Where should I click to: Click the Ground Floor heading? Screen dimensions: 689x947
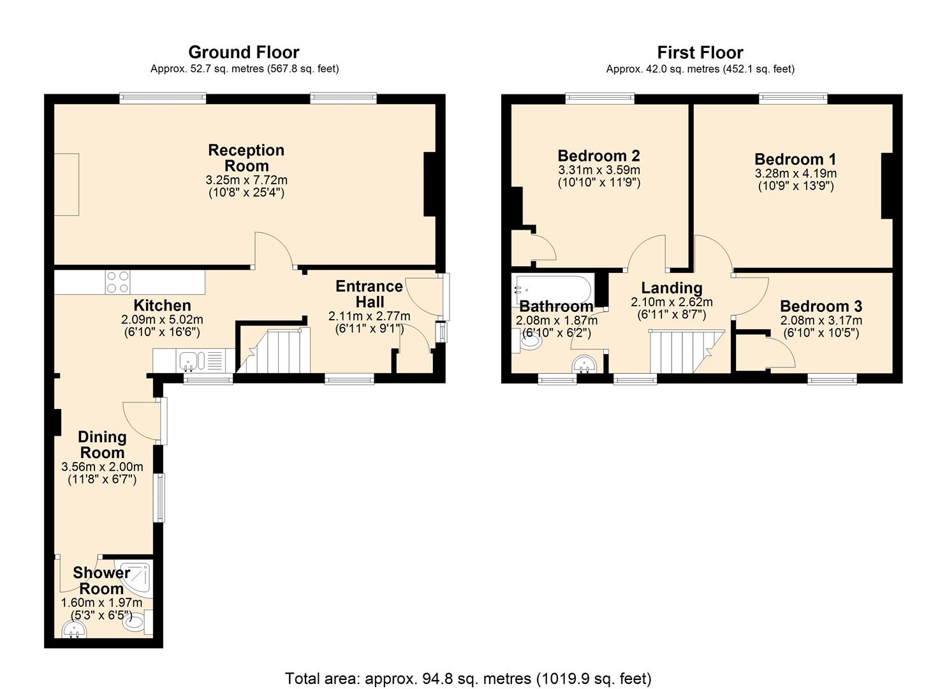click(x=244, y=52)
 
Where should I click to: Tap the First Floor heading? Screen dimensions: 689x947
click(x=700, y=52)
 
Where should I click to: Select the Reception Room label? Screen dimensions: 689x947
click(x=246, y=158)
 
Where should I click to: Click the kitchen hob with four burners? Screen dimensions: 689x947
click(x=118, y=282)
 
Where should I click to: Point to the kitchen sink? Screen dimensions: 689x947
click(x=190, y=362)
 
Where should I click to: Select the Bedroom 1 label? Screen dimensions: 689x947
click(x=795, y=159)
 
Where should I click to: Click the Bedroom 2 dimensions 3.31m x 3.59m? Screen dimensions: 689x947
click(x=599, y=170)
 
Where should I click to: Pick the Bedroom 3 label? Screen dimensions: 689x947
click(x=821, y=306)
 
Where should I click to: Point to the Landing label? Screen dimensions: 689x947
click(x=672, y=288)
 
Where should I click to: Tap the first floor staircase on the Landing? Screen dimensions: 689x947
click(x=686, y=352)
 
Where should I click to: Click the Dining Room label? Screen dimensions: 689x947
click(x=102, y=445)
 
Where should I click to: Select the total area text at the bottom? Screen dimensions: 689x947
click(x=468, y=678)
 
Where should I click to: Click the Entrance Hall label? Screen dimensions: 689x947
click(x=369, y=293)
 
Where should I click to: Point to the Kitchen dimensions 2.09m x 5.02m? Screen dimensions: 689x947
click(x=162, y=320)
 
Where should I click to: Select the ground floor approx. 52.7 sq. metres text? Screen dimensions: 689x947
click(x=244, y=69)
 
